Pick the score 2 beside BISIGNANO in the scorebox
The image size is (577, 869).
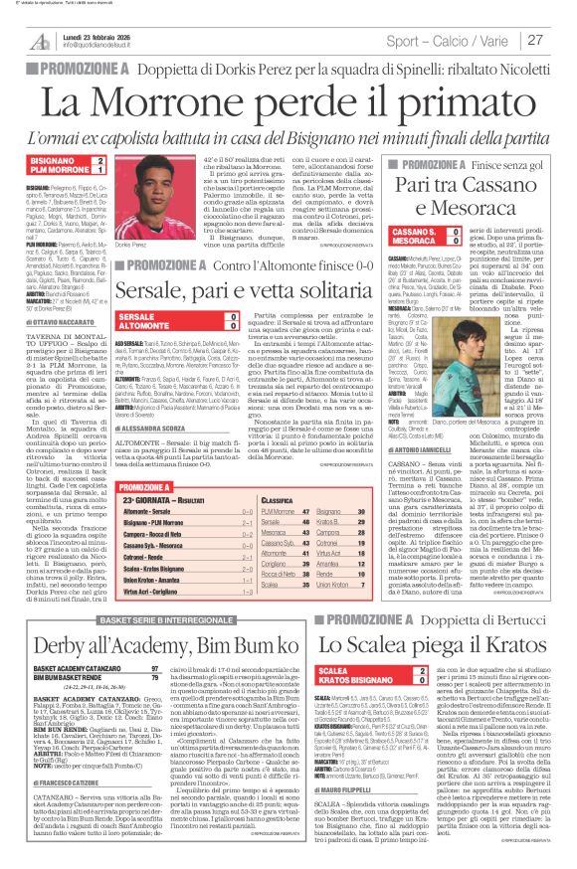point(97,159)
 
